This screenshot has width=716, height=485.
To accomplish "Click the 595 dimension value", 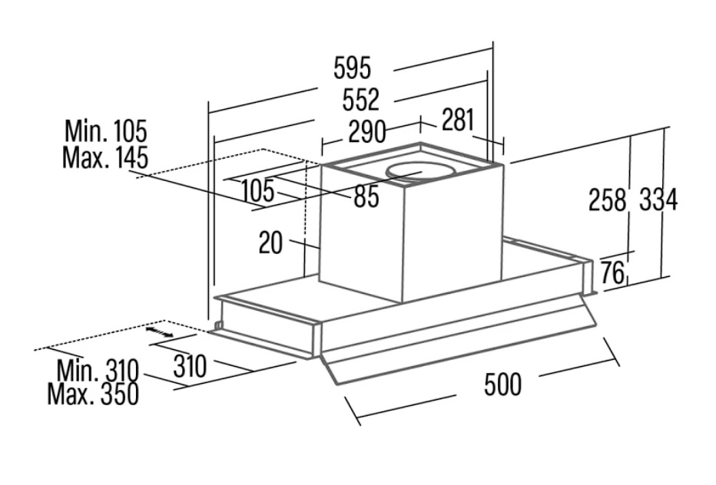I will click(x=352, y=68).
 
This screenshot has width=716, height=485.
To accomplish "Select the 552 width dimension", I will click(x=361, y=100).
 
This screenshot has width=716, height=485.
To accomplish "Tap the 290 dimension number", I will click(x=366, y=132).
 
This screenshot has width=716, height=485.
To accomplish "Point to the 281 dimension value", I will click(x=458, y=120).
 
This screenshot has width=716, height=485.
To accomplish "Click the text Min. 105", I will click(x=105, y=130).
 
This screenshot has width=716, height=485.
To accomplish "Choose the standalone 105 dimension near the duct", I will click(x=257, y=190).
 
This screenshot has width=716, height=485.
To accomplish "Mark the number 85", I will click(x=366, y=197).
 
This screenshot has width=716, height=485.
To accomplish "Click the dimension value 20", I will click(x=270, y=243).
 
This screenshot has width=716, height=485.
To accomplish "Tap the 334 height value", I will click(x=658, y=200).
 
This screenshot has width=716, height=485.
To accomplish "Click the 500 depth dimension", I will click(x=502, y=384).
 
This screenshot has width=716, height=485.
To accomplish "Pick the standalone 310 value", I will click(x=189, y=367).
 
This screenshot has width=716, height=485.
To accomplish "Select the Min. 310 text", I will click(x=97, y=371).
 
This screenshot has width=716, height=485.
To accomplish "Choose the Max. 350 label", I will click(x=93, y=394).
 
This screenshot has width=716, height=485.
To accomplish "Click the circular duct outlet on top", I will click(x=415, y=171).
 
